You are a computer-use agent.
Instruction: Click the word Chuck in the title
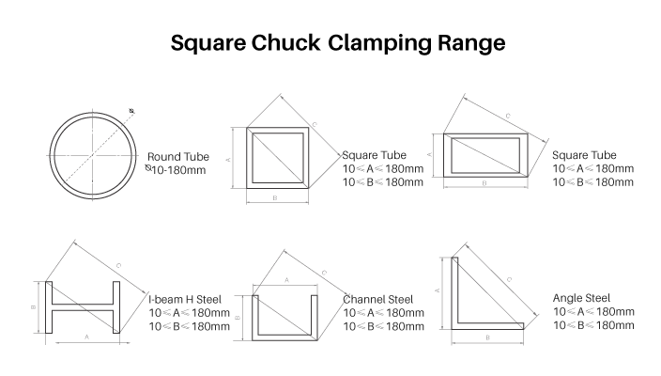[x=285, y=42]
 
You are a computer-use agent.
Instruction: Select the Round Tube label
[x=178, y=157]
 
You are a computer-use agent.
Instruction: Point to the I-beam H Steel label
[x=185, y=300]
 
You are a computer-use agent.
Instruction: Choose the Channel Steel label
[x=377, y=300]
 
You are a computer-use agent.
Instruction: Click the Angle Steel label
[x=581, y=298]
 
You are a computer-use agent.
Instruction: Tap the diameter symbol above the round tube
[x=131, y=111]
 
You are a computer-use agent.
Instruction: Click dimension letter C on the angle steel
[x=509, y=279]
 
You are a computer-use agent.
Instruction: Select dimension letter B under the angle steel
[x=487, y=337]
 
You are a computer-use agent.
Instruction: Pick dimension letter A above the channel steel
[x=286, y=280]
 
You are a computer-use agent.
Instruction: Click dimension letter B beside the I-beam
[x=33, y=307]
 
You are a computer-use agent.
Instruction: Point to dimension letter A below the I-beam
[x=86, y=337]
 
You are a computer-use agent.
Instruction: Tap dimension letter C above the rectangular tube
[x=508, y=116]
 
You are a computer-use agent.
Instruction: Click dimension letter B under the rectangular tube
[x=484, y=183]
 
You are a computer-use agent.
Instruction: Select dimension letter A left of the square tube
[x=228, y=160]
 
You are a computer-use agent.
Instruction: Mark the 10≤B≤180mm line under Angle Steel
[x=593, y=325]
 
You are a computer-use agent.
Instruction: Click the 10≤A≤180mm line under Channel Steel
[x=384, y=313]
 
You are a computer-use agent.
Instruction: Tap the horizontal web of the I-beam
[x=83, y=307]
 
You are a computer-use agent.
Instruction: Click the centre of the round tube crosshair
[x=93, y=156]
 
